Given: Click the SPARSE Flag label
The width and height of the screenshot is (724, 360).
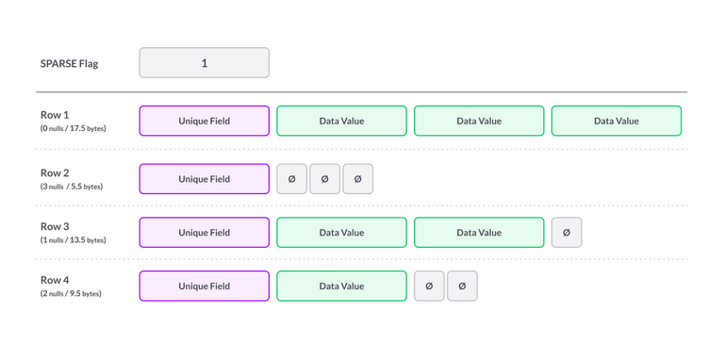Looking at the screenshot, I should (x=70, y=64).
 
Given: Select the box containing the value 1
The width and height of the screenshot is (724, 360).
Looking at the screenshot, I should (x=205, y=64).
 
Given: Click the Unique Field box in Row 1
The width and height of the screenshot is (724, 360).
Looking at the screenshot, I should (x=205, y=121).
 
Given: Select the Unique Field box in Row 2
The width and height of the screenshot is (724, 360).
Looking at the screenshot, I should (x=205, y=179).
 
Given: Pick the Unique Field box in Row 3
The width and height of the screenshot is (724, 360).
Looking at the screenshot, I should (x=205, y=233).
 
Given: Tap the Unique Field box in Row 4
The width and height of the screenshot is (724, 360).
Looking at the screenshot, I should (x=205, y=286).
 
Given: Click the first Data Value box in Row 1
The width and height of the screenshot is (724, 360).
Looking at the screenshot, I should (x=341, y=121).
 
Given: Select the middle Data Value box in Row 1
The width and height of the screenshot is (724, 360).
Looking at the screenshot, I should (x=479, y=121).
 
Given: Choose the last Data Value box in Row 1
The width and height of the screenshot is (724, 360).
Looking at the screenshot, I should (x=616, y=121).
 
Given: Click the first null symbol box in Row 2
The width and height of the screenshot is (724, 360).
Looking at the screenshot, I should (x=291, y=179).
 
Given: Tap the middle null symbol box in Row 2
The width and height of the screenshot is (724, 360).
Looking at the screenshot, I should (x=325, y=179).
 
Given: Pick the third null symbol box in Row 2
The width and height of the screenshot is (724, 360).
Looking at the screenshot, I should (x=358, y=179).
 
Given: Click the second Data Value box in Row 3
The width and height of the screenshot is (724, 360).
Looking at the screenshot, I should (x=479, y=233).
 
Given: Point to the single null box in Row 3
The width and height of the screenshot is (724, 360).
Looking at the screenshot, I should (x=566, y=233).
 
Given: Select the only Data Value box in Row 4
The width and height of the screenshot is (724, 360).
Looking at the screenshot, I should (x=341, y=286).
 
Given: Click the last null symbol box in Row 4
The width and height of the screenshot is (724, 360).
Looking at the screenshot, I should (x=462, y=286).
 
